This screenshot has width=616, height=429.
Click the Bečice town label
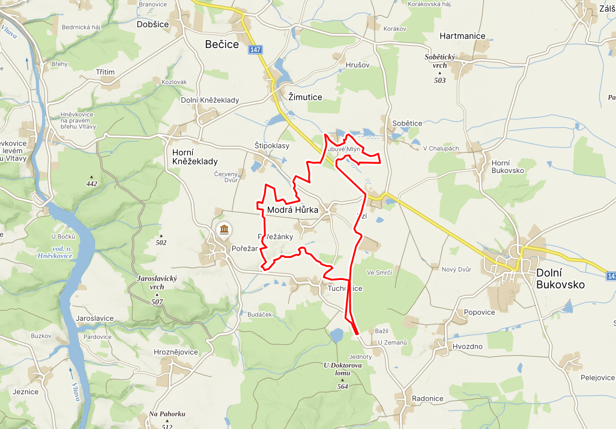222,44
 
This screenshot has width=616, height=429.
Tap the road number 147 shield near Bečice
255,50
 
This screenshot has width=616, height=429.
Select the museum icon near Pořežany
224,230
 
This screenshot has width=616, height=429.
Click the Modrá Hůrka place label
292,210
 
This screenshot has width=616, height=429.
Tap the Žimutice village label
305,97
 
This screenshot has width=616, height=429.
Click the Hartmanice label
462,36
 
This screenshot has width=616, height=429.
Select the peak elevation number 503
439,81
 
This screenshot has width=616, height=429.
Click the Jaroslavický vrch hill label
157,283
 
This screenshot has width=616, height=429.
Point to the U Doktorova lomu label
343,369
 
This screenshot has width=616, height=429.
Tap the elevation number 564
343,386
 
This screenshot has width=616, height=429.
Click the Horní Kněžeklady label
195,156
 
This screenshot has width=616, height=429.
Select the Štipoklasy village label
272,146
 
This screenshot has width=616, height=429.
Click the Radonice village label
427,399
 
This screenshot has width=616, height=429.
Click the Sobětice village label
407,123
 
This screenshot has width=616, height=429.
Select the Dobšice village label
152,24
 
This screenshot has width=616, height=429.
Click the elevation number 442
92,184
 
